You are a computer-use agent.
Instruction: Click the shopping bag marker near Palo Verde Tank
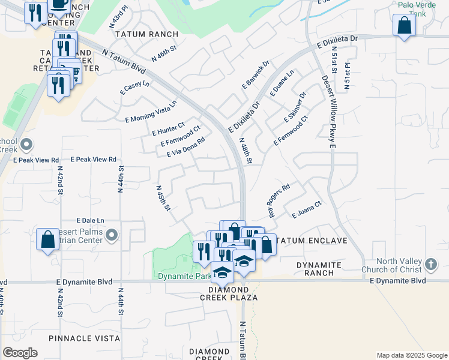(x=405, y=26)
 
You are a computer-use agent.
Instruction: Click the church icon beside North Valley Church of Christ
(x=430, y=264)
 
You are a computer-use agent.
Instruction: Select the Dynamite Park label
(x=184, y=276)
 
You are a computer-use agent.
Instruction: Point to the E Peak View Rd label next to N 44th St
(x=93, y=160)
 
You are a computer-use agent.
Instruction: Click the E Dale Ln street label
(x=90, y=220)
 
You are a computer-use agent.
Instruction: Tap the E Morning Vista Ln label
(x=151, y=112)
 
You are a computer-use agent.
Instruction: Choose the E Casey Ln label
(x=134, y=88)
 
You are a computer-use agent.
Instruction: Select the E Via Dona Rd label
(x=186, y=147)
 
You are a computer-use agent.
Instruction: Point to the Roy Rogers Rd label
(x=279, y=201)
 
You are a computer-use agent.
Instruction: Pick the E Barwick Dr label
(x=256, y=74)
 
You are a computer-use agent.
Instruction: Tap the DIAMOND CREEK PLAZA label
(x=233, y=298)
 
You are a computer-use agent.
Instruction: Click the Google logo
(x=20, y=353)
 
